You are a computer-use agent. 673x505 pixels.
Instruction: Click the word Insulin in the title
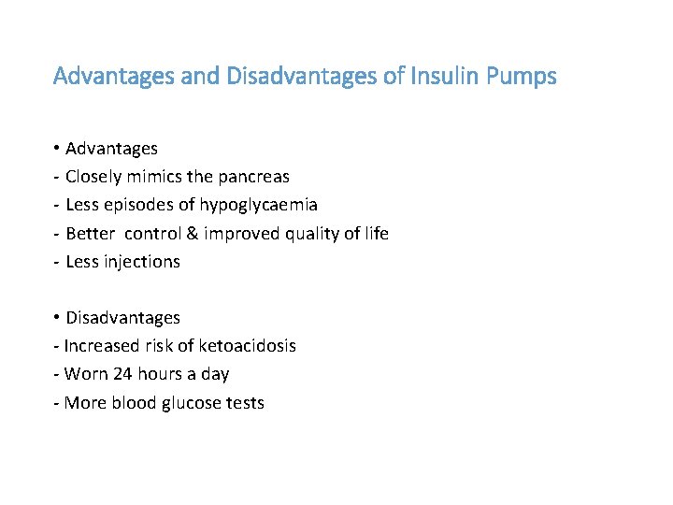pos(439,76)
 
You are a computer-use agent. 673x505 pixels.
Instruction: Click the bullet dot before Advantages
pos(57,149)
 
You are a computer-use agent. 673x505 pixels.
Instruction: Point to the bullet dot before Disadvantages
pos(57,318)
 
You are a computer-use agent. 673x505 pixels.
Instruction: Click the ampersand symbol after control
pos(196,234)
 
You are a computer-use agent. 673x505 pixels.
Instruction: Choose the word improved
pos(244,234)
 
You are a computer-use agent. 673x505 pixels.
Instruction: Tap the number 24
pos(122,374)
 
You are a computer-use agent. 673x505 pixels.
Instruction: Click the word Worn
pos(86,374)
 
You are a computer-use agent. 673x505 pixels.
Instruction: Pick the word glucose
pos(189,403)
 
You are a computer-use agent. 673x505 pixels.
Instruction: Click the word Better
pos(91,233)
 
